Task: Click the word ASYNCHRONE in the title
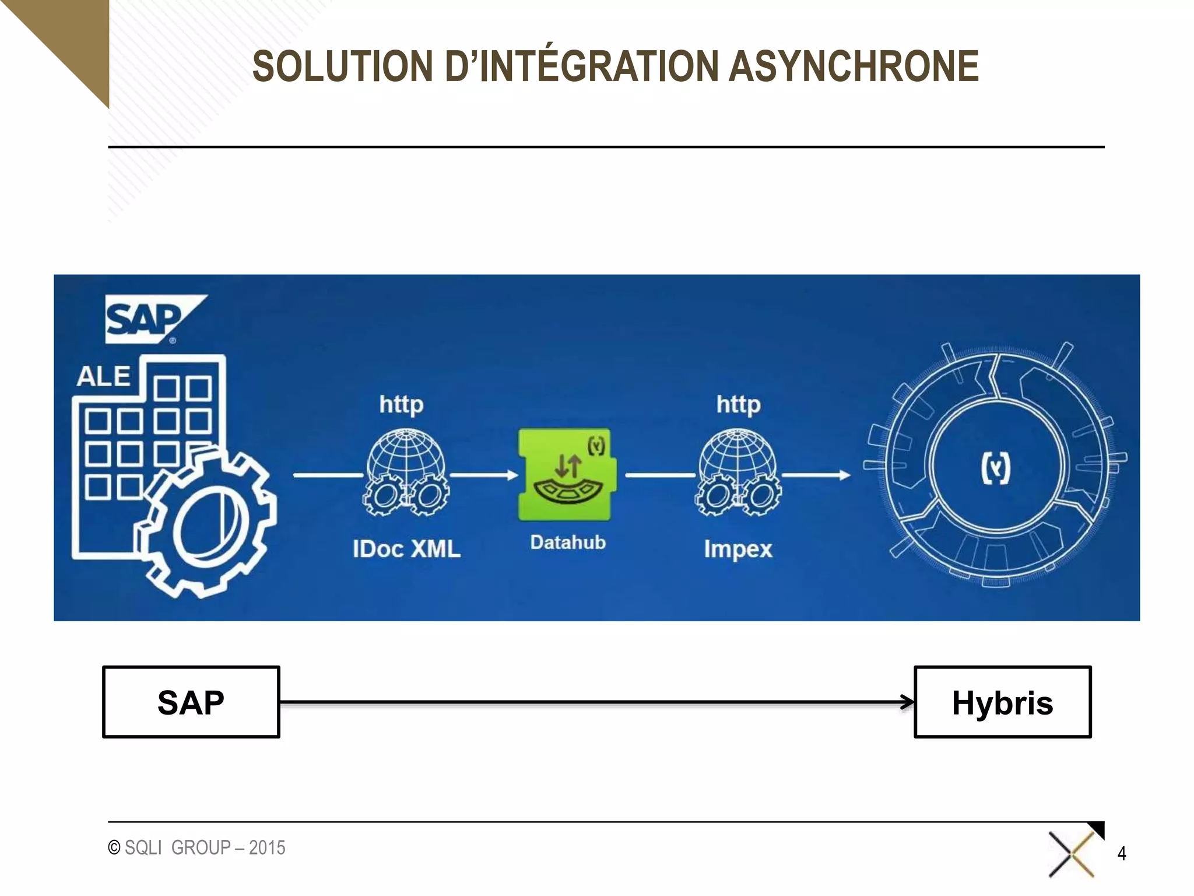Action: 854,66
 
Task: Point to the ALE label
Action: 103,376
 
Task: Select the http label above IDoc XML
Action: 401,404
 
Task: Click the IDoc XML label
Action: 406,549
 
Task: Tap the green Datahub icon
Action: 564,474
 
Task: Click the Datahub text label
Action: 568,542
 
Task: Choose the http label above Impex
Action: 738,404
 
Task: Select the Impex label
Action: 738,549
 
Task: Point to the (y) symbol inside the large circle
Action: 995,469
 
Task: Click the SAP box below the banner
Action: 191,702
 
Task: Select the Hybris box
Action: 1002,702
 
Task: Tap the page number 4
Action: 1121,853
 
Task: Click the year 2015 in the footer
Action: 267,848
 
